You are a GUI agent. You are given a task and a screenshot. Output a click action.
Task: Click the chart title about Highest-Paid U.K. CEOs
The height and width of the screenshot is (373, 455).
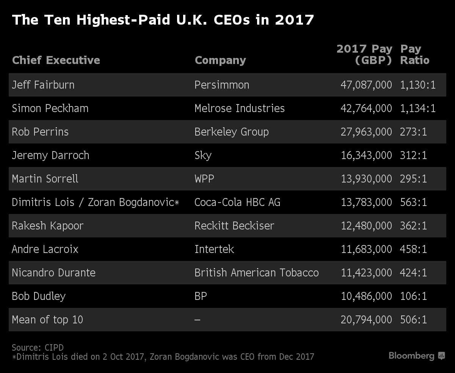pos(163,20)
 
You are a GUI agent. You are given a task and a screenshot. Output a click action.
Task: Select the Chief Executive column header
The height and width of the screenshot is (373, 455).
pos(56,60)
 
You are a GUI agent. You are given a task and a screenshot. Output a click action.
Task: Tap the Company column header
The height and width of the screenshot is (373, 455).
pos(220,60)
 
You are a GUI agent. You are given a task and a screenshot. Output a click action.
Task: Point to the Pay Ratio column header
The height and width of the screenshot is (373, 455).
pos(414,55)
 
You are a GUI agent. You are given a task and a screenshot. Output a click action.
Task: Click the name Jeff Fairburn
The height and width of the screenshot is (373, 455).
pos(43,85)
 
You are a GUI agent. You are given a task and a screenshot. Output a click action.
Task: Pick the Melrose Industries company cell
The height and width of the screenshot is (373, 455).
pos(239,108)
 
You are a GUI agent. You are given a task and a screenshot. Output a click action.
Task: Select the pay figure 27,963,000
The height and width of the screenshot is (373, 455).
pos(366,132)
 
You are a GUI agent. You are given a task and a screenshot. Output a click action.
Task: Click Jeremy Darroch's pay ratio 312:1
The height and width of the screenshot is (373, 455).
pos(413,155)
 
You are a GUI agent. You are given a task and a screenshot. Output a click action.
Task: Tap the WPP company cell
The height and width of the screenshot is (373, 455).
pos(204,179)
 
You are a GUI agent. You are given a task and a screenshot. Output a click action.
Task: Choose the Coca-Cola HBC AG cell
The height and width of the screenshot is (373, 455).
pos(237,202)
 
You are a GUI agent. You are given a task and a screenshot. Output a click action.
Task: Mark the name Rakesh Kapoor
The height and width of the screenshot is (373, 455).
pos(48,226)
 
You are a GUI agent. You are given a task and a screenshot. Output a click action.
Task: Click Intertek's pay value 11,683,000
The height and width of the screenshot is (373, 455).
pos(366,249)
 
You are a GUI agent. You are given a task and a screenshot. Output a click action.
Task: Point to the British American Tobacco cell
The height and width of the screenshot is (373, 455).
pos(256,273)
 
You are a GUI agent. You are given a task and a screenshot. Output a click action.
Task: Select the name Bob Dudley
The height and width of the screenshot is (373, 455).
pos(39,296)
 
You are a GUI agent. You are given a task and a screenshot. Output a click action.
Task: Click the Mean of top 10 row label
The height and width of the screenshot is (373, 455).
pos(47,320)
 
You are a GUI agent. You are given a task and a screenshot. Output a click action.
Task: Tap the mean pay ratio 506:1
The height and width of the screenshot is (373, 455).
pos(413,320)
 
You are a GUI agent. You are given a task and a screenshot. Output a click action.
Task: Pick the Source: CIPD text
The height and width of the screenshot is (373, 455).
pos(38,348)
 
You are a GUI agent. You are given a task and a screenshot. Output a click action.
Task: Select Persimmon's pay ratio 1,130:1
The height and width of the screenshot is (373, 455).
pos(417,85)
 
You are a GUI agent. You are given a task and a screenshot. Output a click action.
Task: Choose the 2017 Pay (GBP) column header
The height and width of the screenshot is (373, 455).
pos(364,55)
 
